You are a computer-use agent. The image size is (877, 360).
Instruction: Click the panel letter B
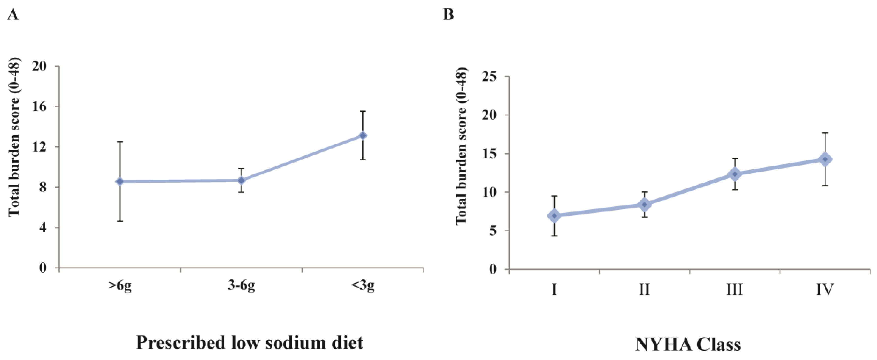pos(448,15)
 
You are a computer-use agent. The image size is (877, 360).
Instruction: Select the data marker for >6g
pos(120,182)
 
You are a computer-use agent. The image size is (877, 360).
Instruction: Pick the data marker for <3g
pos(363,136)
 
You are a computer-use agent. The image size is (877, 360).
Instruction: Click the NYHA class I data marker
pos(554,216)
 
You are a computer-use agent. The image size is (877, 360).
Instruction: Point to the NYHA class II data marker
pos(644,205)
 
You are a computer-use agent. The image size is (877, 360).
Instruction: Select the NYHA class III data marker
pos(735,174)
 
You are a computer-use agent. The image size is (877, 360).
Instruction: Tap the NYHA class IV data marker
pos(825,159)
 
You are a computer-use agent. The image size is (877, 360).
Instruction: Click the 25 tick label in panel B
pos(489,77)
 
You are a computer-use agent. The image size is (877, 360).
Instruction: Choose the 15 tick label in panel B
pos(489,154)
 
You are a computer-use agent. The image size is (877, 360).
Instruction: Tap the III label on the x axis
pos(735,289)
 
